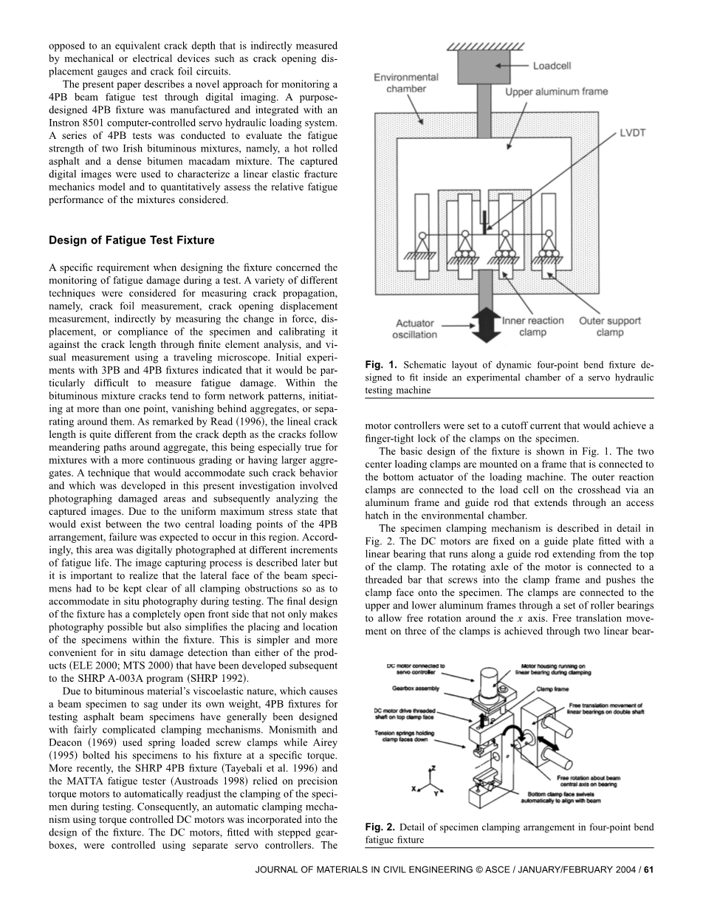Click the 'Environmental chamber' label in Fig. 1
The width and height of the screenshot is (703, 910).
[405, 83]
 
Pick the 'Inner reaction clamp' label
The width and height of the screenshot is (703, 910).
[532, 326]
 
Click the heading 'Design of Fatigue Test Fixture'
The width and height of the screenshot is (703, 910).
[131, 240]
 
